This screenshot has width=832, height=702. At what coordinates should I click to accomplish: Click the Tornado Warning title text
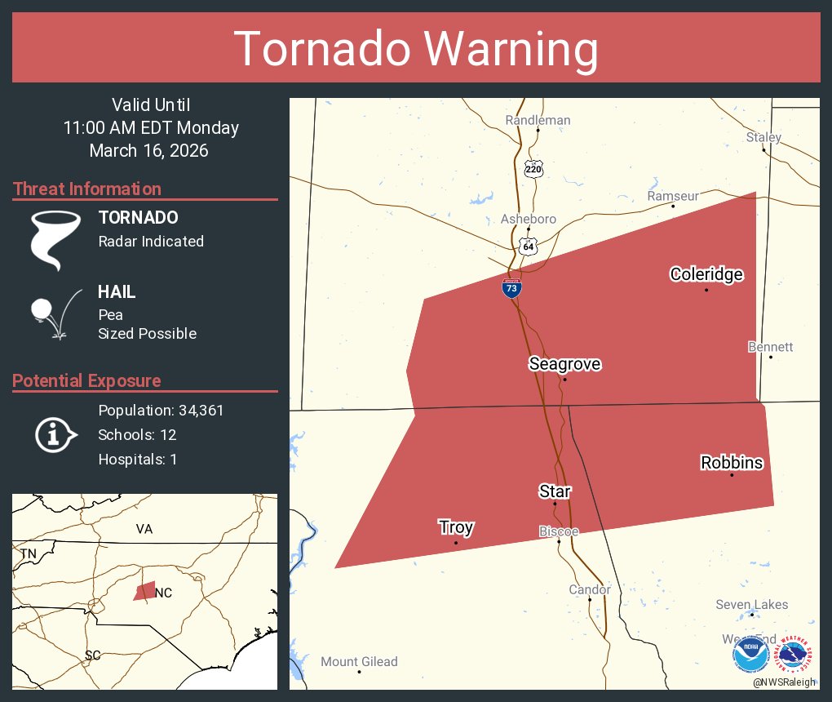coord(416,49)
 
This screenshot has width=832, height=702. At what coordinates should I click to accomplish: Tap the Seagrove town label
coord(564,364)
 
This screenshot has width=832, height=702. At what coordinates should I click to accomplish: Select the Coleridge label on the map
coord(706,274)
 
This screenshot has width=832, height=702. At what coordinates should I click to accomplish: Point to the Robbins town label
coord(732,463)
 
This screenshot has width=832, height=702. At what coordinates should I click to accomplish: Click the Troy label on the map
coord(456,527)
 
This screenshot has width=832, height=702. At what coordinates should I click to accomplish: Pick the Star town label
coord(555,491)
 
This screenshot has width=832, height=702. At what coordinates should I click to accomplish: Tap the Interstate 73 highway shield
coord(511,287)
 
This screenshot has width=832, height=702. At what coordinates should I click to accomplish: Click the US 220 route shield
coord(533,170)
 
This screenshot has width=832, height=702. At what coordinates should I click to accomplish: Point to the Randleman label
coord(538,120)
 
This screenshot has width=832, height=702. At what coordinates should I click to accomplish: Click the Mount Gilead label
coord(359,662)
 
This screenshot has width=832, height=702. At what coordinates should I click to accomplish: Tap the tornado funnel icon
coord(55,240)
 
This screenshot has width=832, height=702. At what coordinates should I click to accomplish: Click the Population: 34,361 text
coord(161,411)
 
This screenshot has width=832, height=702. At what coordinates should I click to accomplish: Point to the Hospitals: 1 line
coord(137,460)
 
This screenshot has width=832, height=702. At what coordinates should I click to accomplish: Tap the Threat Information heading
coord(87,189)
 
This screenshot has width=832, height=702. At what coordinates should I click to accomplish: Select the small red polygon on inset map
coord(145,591)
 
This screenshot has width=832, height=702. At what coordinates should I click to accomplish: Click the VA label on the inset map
coord(144,529)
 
